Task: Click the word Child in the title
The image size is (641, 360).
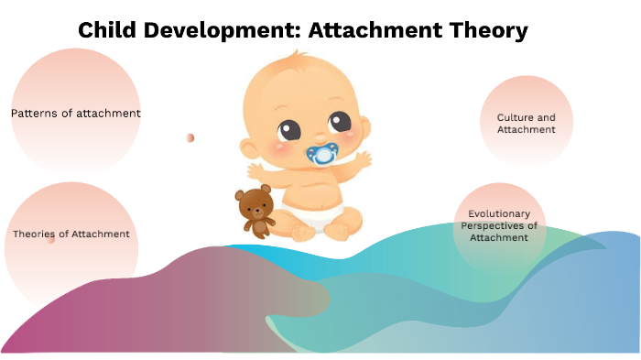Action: click(x=103, y=30)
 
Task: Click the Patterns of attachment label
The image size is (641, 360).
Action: click(x=76, y=114)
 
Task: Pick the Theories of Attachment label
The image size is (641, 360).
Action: click(x=71, y=234)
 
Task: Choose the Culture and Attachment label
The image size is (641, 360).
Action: click(x=527, y=124)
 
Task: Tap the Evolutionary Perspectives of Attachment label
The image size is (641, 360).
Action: click(x=499, y=225)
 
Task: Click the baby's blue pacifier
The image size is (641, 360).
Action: click(x=321, y=153)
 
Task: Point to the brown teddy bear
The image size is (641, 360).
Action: click(x=255, y=212)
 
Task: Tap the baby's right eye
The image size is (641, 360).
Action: click(x=339, y=121)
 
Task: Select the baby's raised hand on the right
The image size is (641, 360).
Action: click(x=363, y=162)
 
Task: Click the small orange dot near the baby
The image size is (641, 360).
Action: click(x=190, y=137)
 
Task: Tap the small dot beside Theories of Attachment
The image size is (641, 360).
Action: click(x=51, y=241)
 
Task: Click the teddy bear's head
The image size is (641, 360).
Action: click(x=254, y=200)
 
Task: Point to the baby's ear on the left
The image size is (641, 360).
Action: click(x=247, y=147)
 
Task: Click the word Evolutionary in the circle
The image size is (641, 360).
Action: click(x=499, y=213)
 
